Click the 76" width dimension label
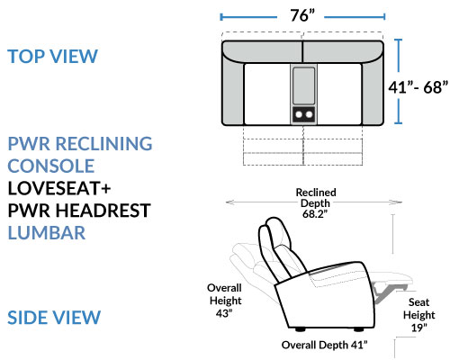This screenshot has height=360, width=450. (x=302, y=15)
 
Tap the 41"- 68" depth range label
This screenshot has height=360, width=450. (x=418, y=87)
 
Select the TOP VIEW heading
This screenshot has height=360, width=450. (x=52, y=56)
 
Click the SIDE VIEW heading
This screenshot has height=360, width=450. (x=54, y=318)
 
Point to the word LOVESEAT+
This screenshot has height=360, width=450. (x=59, y=188)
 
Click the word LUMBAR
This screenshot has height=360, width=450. (x=47, y=233)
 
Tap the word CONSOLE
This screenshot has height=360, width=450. (x=51, y=166)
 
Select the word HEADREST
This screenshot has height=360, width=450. (x=103, y=211)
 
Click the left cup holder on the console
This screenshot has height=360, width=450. (x=299, y=114)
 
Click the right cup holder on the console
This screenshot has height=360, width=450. (x=309, y=114)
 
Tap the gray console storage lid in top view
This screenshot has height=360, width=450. (x=304, y=85)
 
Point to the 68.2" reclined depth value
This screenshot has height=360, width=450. (x=315, y=214)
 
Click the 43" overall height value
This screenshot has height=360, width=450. (x=224, y=313)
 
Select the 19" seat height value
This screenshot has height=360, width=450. (x=418, y=328)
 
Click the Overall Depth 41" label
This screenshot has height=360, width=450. (x=324, y=345)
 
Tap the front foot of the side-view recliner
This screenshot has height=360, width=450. (x=358, y=329)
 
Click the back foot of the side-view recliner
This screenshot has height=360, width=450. (x=300, y=329)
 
